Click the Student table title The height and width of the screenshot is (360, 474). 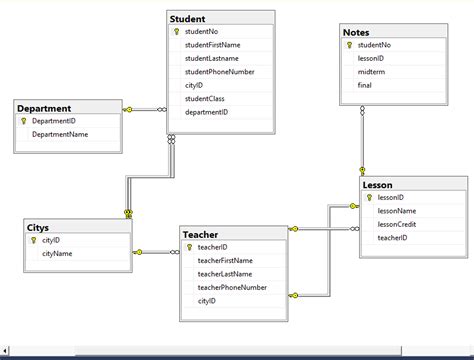pyautogui.click(x=188, y=18)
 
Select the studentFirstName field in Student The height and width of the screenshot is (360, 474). pyautogui.click(x=212, y=45)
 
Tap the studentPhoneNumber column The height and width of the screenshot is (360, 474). pyautogui.click(x=219, y=72)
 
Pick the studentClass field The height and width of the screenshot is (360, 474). pyautogui.click(x=206, y=99)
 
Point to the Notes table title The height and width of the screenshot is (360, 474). pyautogui.click(x=356, y=33)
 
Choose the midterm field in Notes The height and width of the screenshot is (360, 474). pyautogui.click(x=371, y=73)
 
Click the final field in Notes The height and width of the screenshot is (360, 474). pyautogui.click(x=366, y=86)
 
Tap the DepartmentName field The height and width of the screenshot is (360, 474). pyautogui.click(x=61, y=134)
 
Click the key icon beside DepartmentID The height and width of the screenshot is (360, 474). pyautogui.click(x=23, y=121)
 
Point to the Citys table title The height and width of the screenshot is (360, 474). pyautogui.click(x=39, y=227)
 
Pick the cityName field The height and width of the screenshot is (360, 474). pyautogui.click(x=57, y=254)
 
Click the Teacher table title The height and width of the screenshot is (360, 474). pyautogui.click(x=200, y=234)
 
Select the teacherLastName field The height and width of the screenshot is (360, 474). pyautogui.click(x=224, y=274)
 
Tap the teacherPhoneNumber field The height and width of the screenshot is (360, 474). pyautogui.click(x=231, y=287)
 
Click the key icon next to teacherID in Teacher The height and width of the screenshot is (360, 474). pyautogui.click(x=187, y=247)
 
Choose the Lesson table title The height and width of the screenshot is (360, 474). pyautogui.click(x=379, y=185)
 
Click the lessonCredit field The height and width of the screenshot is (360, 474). pyautogui.click(x=396, y=224)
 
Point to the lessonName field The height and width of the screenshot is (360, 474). pyautogui.click(x=396, y=211)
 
